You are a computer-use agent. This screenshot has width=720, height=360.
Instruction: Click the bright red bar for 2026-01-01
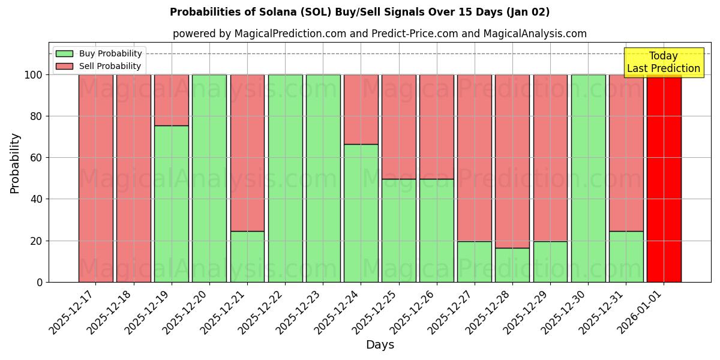tap(664, 178)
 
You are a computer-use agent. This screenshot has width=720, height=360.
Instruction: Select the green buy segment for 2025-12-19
tap(172, 204)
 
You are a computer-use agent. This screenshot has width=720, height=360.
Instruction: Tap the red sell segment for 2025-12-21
tap(247, 152)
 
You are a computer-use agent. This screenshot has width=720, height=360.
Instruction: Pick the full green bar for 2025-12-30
tap(588, 178)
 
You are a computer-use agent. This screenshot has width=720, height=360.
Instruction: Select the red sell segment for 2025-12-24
tap(361, 109)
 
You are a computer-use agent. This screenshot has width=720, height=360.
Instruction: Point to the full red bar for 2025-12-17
tap(95, 178)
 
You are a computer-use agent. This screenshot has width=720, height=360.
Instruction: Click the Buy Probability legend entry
tap(110, 54)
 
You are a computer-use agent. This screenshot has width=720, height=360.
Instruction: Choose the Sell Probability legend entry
tap(110, 67)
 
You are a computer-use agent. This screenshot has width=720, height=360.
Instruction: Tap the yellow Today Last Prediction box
tap(663, 62)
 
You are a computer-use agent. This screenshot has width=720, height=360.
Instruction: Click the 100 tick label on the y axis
tap(32, 75)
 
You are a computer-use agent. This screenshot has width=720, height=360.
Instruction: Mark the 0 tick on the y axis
tap(39, 282)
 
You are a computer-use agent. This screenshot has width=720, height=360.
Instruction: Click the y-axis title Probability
tap(15, 163)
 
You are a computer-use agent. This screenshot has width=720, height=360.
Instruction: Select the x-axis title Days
tap(380, 345)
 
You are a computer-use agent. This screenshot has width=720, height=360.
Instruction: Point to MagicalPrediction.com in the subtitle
tap(290, 34)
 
